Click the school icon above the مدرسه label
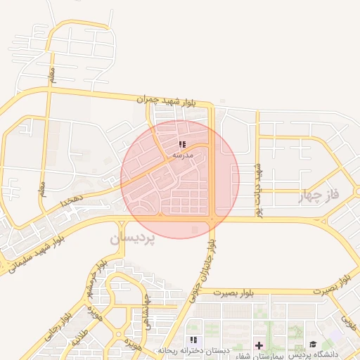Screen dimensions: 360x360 (x=183, y=143)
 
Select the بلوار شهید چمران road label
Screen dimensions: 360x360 (x=176, y=101)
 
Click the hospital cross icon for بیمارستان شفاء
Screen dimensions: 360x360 (x=259, y=345)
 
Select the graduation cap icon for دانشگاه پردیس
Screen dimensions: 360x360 (x=312, y=344)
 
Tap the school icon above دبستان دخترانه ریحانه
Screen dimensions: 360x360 (x=193, y=340)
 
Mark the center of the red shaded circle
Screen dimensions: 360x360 (x=180, y=179)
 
